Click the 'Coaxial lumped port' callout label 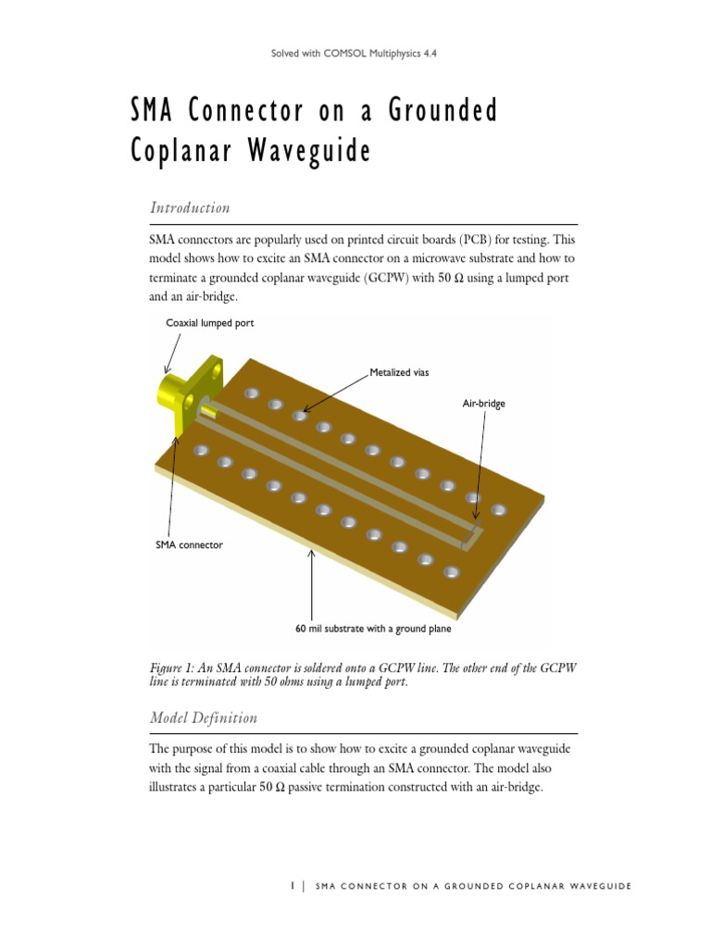[x=209, y=323]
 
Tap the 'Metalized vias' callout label [x=399, y=372]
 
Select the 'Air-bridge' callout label [x=483, y=404]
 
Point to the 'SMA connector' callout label [x=189, y=545]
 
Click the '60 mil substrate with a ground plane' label [x=373, y=629]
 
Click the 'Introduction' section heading [x=190, y=207]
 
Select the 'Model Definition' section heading [x=203, y=717]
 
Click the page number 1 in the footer [x=292, y=886]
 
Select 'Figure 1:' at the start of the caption [x=173, y=667]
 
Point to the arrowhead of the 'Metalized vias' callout [x=303, y=412]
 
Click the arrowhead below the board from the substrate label [x=311, y=553]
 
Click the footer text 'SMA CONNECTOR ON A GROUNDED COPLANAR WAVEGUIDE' [x=473, y=886]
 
